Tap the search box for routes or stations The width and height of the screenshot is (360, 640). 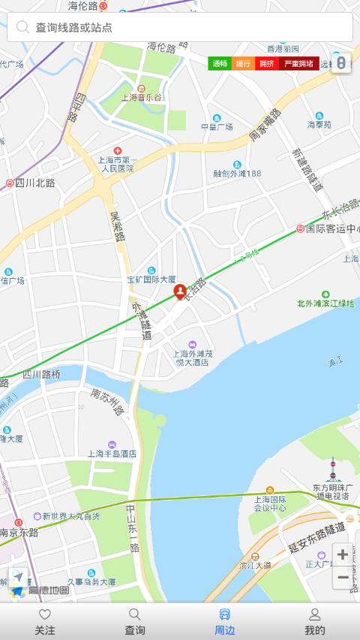[x=180, y=27]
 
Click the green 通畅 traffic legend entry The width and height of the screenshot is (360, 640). [x=220, y=64]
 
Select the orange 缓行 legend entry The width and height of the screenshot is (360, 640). [x=244, y=64]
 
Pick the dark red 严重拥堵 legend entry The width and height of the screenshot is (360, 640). [x=298, y=64]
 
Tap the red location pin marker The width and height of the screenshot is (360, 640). [x=180, y=292]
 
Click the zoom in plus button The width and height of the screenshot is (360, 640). [x=343, y=555]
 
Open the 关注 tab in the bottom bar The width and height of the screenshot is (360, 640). [x=45, y=622]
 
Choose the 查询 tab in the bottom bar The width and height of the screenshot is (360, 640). [x=135, y=622]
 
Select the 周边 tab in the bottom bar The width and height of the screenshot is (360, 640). [x=225, y=622]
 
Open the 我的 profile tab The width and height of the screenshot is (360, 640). [x=315, y=622]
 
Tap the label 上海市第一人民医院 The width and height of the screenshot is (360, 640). [x=117, y=163]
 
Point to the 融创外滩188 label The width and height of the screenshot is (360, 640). [x=237, y=173]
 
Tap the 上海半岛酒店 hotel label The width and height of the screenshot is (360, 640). [x=112, y=453]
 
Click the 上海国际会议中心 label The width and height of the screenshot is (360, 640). [x=270, y=503]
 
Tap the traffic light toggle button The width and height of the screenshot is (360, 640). [x=340, y=63]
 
